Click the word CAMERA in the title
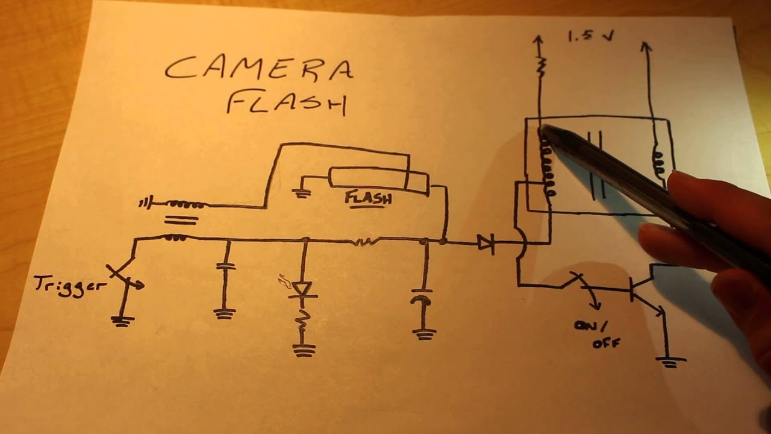pyautogui.click(x=259, y=68)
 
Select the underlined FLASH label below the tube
pyautogui.click(x=368, y=198)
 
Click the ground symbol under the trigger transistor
pyautogui.click(x=122, y=321)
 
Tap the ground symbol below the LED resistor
pyautogui.click(x=304, y=350)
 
